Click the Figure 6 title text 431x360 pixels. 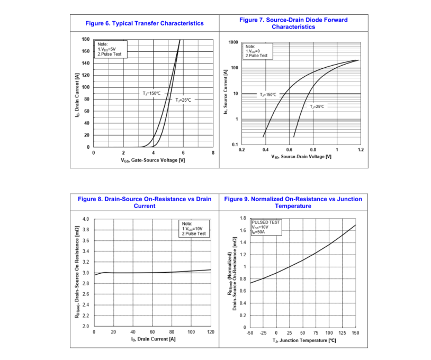click(x=145, y=23)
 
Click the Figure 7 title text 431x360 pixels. click(x=293, y=23)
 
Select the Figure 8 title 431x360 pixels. click(x=145, y=202)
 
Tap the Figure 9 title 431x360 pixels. click(x=293, y=202)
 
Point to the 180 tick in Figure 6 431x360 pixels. click(x=86, y=39)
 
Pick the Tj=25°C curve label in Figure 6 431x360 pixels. click(x=183, y=100)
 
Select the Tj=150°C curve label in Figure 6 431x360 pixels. click(x=151, y=93)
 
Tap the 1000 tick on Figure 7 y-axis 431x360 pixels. click(x=233, y=42)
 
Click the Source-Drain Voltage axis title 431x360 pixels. click(x=301, y=157)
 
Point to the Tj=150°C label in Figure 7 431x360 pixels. click(x=268, y=94)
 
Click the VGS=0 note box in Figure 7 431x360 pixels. click(x=256, y=51)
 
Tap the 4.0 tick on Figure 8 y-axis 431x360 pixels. click(x=86, y=219)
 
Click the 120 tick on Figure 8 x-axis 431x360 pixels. click(x=211, y=332)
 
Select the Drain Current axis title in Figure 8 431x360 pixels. click(x=154, y=339)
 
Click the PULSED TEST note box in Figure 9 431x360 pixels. click(x=266, y=227)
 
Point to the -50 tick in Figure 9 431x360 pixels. click(x=250, y=332)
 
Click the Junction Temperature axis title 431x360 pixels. click(x=303, y=340)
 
